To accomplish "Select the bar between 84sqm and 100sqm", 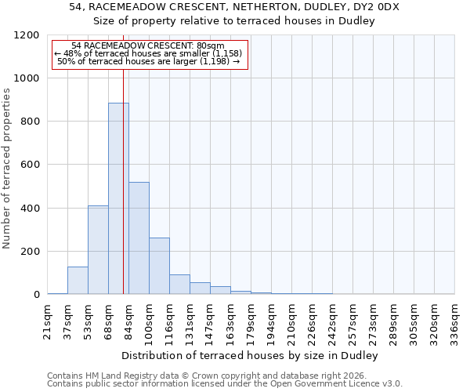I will pyautogui.click(x=139, y=238).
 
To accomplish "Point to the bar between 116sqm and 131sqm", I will pyautogui.click(x=179, y=284).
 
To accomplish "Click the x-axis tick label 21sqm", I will pyautogui.click(x=48, y=319).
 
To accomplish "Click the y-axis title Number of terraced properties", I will pyautogui.click(x=7, y=168).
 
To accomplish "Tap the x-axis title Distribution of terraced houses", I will pyautogui.click(x=250, y=356).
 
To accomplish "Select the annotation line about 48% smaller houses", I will pyautogui.click(x=149, y=53).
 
